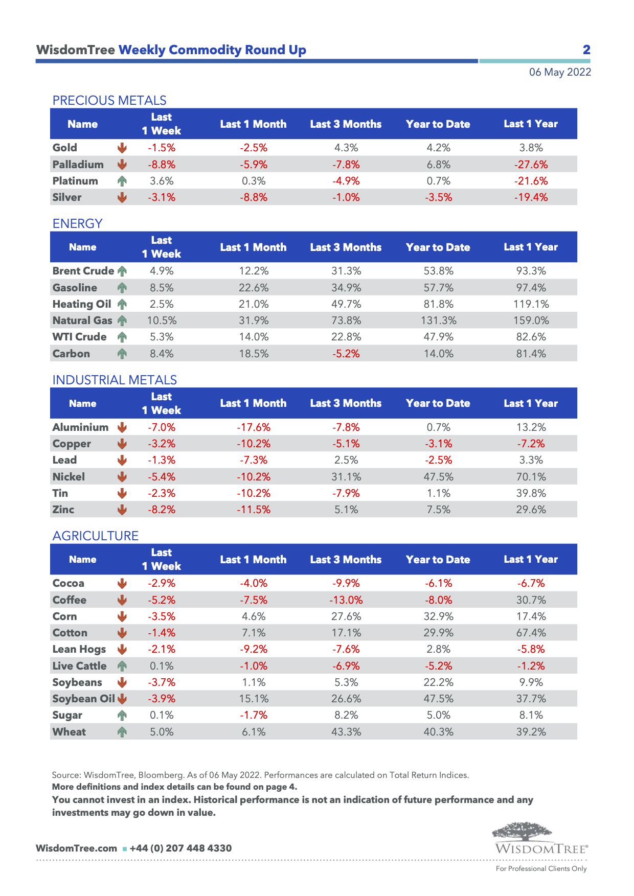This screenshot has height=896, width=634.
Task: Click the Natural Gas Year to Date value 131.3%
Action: click(x=438, y=320)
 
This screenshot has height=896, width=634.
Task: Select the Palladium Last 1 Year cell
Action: click(x=531, y=165)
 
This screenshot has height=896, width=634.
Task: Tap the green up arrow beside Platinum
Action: click(x=122, y=181)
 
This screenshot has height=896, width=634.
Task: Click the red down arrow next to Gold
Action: click(x=122, y=148)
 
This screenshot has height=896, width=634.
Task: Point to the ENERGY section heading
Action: click(x=78, y=223)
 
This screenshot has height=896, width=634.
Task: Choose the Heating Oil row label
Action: click(x=82, y=304)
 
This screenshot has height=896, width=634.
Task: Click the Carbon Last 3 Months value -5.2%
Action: click(x=346, y=354)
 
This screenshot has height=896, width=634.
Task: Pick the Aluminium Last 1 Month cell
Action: click(x=254, y=427)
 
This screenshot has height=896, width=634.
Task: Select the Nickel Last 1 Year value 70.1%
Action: click(x=531, y=477)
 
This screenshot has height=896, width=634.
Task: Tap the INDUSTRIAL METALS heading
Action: click(x=115, y=380)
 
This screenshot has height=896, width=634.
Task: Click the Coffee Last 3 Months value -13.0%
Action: click(x=346, y=600)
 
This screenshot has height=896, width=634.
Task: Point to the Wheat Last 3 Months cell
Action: click(x=346, y=732)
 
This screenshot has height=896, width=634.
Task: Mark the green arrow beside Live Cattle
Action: click(x=122, y=666)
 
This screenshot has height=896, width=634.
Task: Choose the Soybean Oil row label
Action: click(x=84, y=699)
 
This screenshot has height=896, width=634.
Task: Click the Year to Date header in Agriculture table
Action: click(x=438, y=559)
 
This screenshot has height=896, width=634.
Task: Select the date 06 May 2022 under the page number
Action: click(x=560, y=72)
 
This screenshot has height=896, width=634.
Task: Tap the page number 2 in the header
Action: click(x=586, y=50)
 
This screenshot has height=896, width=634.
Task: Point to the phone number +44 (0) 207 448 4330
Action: click(x=180, y=848)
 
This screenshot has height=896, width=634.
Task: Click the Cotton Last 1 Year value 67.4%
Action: click(x=531, y=633)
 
